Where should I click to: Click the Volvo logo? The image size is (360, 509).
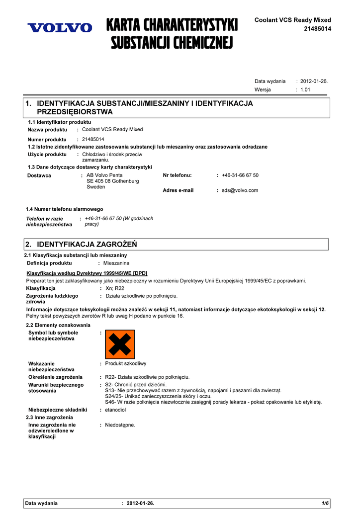click(60, 28)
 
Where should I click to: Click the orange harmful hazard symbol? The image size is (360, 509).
click(120, 344)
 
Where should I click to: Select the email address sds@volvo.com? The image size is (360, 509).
click(240, 190)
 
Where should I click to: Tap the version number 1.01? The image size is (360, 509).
click(305, 90)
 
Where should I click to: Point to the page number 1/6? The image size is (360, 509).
click(325, 504)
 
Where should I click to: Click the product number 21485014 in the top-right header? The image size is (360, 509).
click(317, 29)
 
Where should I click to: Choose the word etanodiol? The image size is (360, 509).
click(115, 410)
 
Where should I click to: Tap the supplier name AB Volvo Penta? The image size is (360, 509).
click(104, 175)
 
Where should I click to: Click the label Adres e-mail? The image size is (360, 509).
click(178, 190)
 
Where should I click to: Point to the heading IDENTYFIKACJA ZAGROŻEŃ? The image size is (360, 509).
click(87, 245)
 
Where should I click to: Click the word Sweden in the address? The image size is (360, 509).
click(96, 187)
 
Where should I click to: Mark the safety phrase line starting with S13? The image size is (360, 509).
click(193, 391)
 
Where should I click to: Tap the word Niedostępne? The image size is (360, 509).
click(120, 425)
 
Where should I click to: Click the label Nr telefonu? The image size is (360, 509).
click(177, 175)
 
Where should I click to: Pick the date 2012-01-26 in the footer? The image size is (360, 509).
click(140, 504)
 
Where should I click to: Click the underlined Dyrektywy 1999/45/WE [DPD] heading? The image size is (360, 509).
click(87, 273)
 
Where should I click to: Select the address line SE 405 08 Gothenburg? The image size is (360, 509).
click(113, 181)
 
